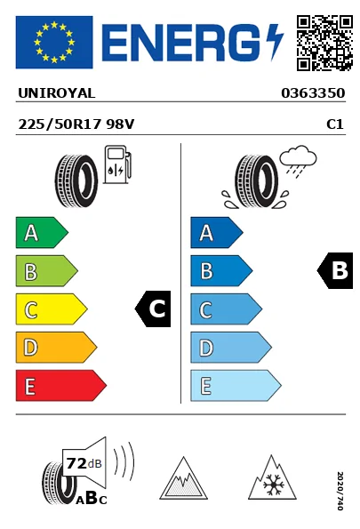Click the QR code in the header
point(324,43)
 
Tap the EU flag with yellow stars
point(54,42)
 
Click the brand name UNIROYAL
point(56,93)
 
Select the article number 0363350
point(313,93)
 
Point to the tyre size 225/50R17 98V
point(76,124)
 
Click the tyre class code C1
point(335,124)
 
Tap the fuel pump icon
point(117,164)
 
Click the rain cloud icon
point(298,161)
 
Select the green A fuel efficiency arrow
point(42,232)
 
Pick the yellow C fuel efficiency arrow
point(52,309)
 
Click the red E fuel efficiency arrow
point(61,386)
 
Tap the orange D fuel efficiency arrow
point(56,348)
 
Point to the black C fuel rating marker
point(153,309)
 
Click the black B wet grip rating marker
point(335,270)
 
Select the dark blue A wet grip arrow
point(217,232)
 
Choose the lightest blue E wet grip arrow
point(236,386)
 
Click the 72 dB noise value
point(84,463)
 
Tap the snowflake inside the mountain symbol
point(274,485)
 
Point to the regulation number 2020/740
point(340,491)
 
